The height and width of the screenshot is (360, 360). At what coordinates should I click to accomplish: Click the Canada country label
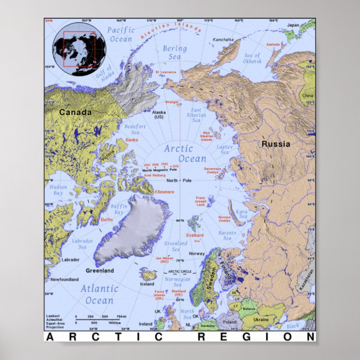pyautogui.click(x=75, y=112)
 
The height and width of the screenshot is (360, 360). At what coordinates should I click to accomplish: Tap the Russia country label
pyautogui.click(x=276, y=144)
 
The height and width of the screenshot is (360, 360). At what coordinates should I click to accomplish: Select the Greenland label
pyautogui.click(x=100, y=271)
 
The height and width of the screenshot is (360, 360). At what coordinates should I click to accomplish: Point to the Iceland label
pyautogui.click(x=147, y=284)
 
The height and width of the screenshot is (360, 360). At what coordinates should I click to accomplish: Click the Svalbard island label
pyautogui.click(x=195, y=235)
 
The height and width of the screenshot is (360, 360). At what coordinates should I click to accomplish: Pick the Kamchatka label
pyautogui.click(x=223, y=40)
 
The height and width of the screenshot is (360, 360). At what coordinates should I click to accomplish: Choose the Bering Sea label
pyautogui.click(x=175, y=53)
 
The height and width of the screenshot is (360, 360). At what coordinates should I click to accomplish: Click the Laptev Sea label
pyautogui.click(x=224, y=150)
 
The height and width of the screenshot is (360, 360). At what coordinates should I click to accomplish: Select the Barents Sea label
pyautogui.click(x=227, y=236)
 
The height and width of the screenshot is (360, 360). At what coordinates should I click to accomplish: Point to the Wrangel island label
pyautogui.click(x=172, y=102)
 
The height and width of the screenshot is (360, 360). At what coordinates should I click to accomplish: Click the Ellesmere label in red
pyautogui.click(x=165, y=192)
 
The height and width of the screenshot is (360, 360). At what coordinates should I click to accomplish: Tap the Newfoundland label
pyautogui.click(x=63, y=279)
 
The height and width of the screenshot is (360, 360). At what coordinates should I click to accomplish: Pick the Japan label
pyautogui.click(x=293, y=25)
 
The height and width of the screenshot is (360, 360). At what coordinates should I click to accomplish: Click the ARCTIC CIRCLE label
pyautogui.click(x=179, y=272)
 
